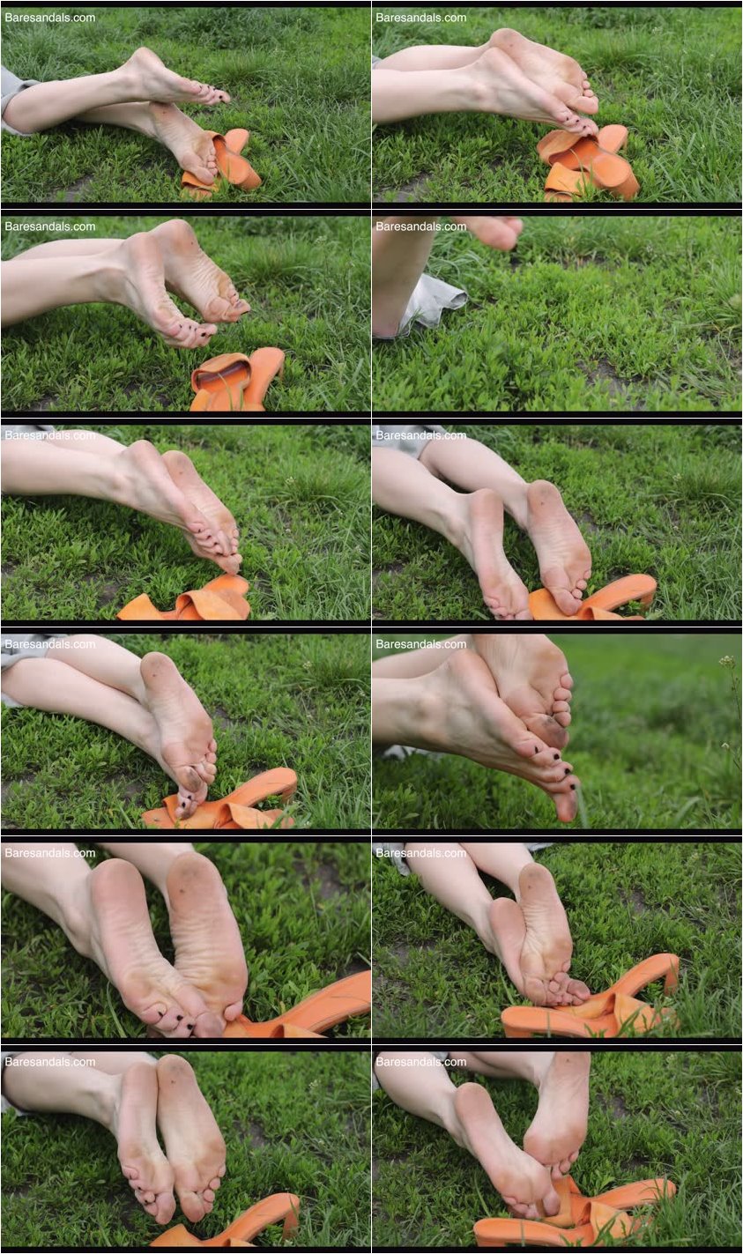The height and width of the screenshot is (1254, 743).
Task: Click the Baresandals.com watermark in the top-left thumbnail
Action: pyautogui.click(x=50, y=18)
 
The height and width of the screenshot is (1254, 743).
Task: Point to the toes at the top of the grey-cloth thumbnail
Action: pyautogui.click(x=494, y=232)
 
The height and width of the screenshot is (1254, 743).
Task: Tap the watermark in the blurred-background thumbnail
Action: pyautogui.click(x=421, y=644)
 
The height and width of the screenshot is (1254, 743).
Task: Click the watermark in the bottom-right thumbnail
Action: pyautogui.click(x=421, y=1062)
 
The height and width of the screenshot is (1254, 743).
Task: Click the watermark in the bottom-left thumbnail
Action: pyautogui.click(x=50, y=1062)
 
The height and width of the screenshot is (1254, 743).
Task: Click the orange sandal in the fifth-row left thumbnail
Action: pyautogui.click(x=308, y=1009)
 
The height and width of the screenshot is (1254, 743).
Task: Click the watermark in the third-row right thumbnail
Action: pyautogui.click(x=421, y=435)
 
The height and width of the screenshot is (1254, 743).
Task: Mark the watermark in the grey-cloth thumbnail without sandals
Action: pyautogui.click(x=421, y=226)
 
